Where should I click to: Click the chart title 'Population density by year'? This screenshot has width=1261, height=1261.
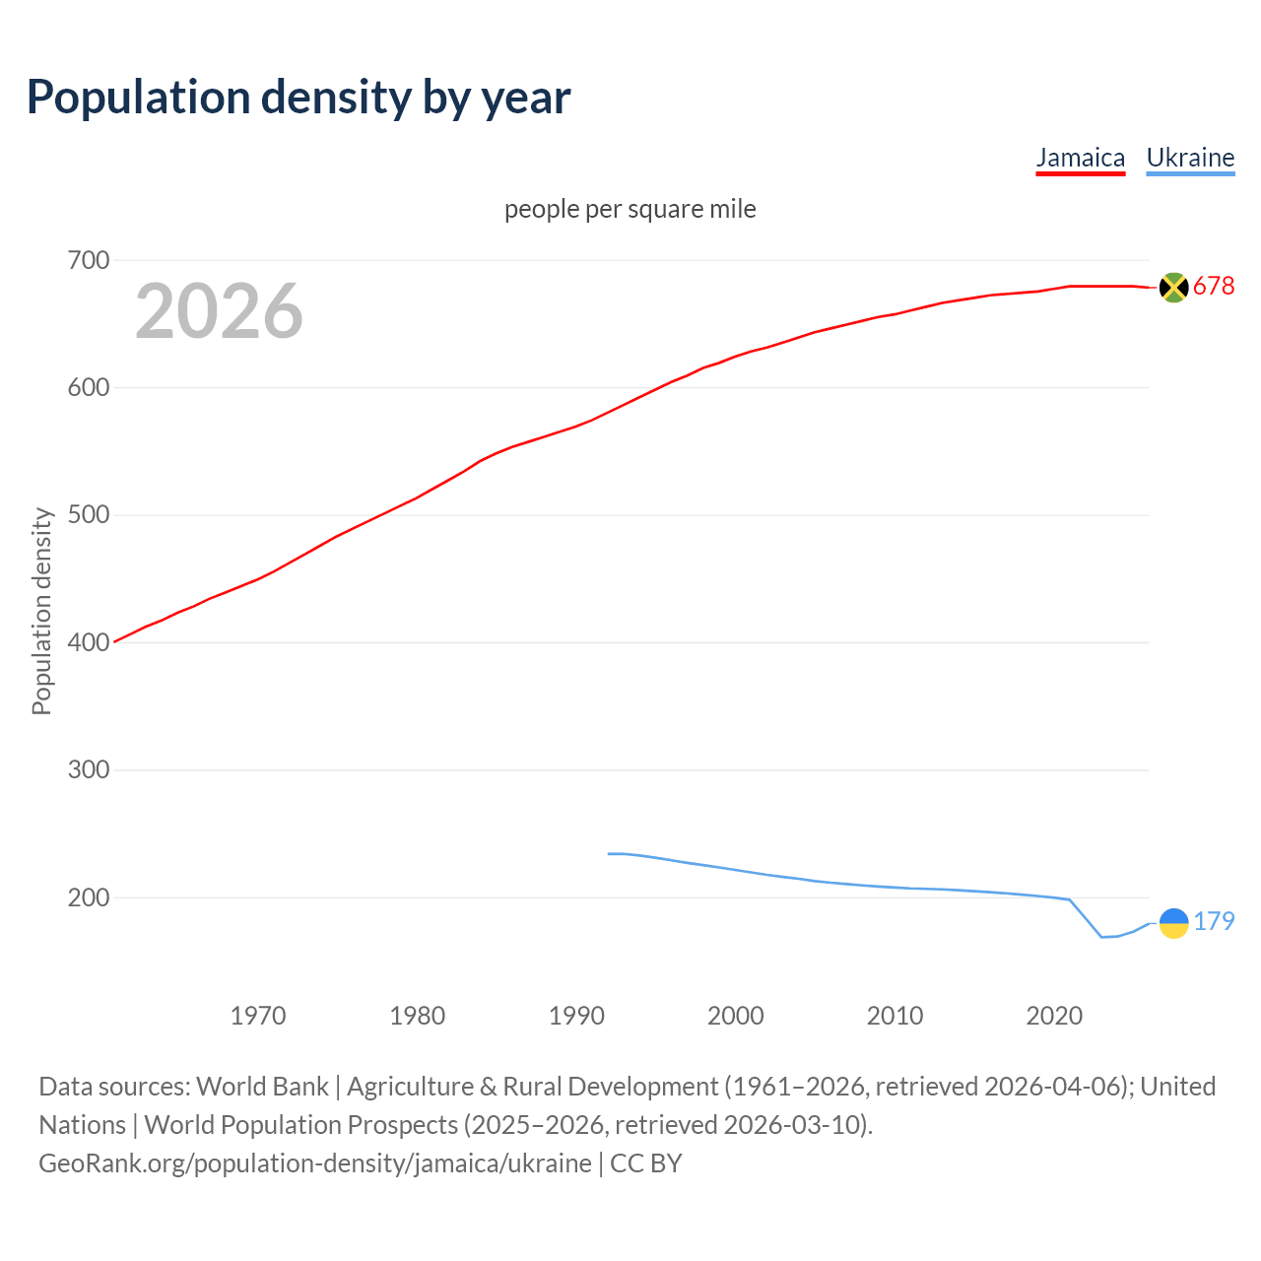[299, 98]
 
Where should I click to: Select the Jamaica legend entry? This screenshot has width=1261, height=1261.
[1080, 158]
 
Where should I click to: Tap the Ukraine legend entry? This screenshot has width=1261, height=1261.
[1190, 158]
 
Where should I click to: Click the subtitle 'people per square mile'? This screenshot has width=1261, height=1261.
[630, 209]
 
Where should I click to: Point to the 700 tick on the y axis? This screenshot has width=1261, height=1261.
[88, 261]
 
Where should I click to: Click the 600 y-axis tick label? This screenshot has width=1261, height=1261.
[88, 388]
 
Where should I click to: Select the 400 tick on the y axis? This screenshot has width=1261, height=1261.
[88, 643]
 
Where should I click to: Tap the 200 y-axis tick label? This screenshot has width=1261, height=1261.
[88, 898]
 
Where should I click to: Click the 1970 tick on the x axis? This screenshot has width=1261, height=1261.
[258, 1016]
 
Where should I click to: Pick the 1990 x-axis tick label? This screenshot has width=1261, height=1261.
[576, 1016]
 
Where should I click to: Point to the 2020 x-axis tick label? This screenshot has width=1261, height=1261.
[1054, 1016]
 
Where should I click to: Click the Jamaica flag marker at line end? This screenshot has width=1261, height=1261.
[1173, 287]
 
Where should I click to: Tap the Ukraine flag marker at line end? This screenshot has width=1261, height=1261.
[1173, 923]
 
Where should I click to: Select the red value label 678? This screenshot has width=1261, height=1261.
[1214, 287]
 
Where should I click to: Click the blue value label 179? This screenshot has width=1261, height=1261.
[1214, 922]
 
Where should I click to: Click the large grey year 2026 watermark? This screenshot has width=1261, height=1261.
[219, 311]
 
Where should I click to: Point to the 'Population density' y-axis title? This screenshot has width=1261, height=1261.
[41, 611]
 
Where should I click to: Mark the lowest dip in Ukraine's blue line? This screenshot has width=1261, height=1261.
[1102, 937]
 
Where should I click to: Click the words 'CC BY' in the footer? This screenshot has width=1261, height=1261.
[646, 1163]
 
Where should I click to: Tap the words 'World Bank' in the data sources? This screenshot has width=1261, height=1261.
[262, 1087]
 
